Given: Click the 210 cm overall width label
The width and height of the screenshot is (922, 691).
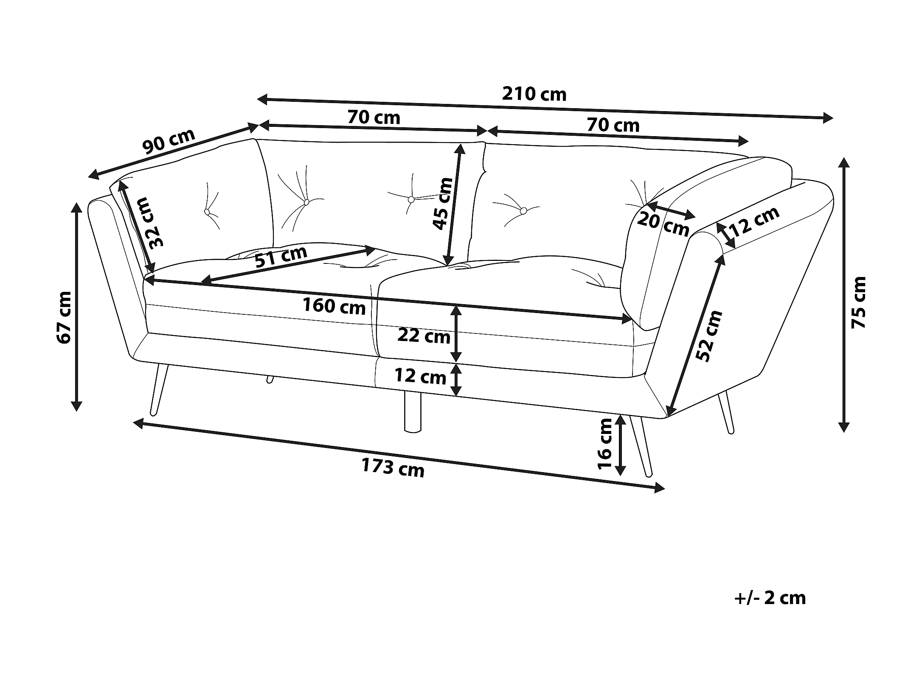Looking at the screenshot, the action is click(534, 94).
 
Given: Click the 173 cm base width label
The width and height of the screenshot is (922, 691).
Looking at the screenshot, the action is click(393, 468).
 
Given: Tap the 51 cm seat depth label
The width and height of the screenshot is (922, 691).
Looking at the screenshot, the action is click(281, 256).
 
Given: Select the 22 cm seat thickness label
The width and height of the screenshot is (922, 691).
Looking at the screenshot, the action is click(424, 336).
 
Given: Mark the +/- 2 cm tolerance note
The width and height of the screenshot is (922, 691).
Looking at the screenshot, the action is click(770, 598).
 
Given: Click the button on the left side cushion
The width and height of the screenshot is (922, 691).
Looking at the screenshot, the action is click(207, 212).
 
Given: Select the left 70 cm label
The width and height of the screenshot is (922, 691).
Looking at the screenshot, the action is click(374, 117).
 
